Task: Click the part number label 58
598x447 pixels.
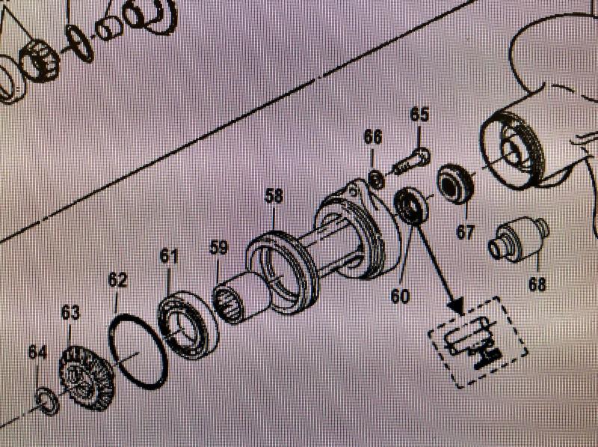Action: click(x=274, y=197)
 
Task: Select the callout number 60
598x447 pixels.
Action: click(x=400, y=296)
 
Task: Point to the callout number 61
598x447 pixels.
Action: click(x=170, y=257)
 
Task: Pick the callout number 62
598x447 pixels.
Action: click(x=117, y=281)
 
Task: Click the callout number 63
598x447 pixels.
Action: click(x=70, y=313)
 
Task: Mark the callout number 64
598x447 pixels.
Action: click(x=38, y=351)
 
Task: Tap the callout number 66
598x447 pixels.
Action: click(x=373, y=137)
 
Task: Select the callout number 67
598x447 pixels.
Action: click(x=465, y=233)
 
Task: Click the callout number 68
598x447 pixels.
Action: click(x=537, y=284)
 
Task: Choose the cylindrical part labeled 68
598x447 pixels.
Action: click(x=519, y=239)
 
